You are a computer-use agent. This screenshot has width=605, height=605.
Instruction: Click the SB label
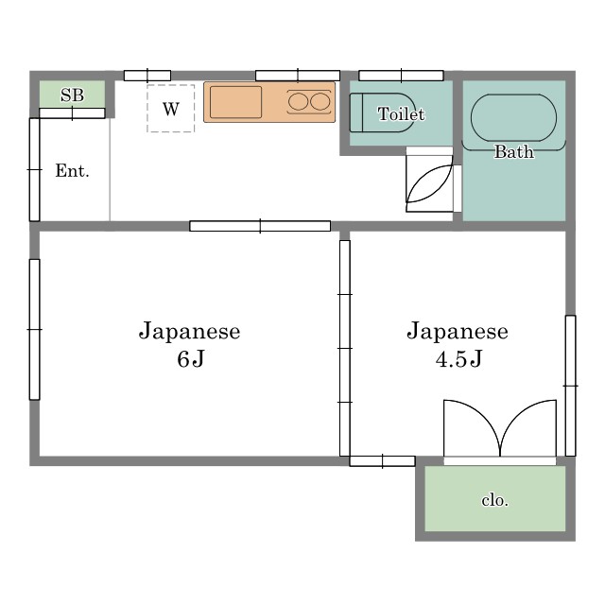tap(72, 95)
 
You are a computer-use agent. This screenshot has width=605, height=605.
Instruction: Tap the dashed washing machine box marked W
tap(170, 109)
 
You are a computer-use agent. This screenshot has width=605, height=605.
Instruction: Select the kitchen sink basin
tap(235, 102)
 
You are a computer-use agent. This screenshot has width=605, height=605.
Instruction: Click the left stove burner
tap(299, 102)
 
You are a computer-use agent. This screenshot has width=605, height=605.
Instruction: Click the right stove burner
tap(320, 102)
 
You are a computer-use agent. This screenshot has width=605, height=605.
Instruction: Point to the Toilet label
tap(401, 114)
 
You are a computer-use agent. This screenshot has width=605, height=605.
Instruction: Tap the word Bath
tap(513, 151)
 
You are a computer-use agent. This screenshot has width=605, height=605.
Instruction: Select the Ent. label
tap(72, 171)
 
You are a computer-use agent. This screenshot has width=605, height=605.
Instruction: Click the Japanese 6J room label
tap(189, 344)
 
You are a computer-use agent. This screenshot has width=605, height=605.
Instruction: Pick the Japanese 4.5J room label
tap(458, 344)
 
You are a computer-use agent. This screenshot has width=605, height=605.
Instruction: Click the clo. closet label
tap(494, 500)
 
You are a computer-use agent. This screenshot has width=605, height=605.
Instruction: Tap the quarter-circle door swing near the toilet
tap(427, 182)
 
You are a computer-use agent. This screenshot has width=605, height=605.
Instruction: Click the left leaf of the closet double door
tap(470, 428)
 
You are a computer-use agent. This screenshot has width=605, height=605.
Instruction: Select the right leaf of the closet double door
tap(529, 428)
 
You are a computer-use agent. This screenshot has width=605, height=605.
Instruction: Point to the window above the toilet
tap(401, 76)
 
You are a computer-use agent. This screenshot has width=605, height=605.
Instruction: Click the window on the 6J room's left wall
tap(35, 329)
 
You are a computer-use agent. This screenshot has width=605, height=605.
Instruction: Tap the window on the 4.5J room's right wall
tap(570, 386)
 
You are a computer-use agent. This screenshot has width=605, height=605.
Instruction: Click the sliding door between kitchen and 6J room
tap(260, 226)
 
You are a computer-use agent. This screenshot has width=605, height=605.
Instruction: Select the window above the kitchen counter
tap(297, 76)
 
